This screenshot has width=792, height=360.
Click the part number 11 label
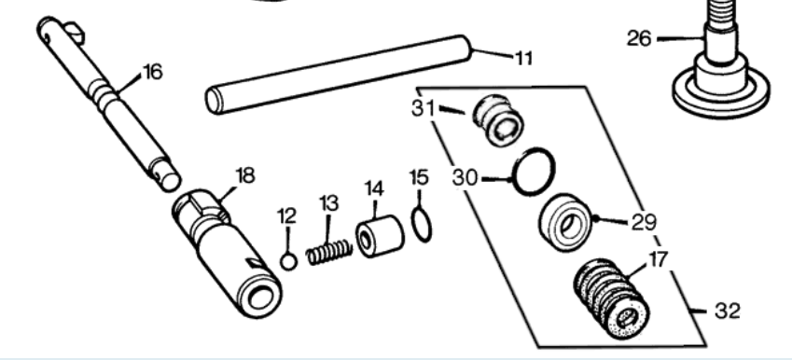tap(523, 59)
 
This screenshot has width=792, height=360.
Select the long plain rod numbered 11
tap(339, 75)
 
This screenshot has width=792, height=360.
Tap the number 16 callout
tap(153, 72)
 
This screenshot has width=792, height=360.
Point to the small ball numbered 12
tap(288, 262)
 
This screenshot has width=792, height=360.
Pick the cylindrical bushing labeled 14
tap(380, 236)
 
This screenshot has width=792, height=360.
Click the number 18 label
tap(245, 176)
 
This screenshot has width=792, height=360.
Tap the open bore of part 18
tap(260, 297)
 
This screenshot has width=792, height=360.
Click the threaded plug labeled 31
tap(498, 120)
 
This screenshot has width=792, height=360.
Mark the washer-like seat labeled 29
tap(565, 223)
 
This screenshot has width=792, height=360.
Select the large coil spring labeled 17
tap(612, 298)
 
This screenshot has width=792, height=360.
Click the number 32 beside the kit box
tap(728, 311)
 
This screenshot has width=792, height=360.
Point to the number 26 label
tap(639, 38)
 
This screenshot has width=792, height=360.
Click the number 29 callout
tap(644, 222)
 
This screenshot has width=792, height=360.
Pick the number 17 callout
tap(657, 259)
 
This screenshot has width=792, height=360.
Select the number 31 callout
tap(423, 107)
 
